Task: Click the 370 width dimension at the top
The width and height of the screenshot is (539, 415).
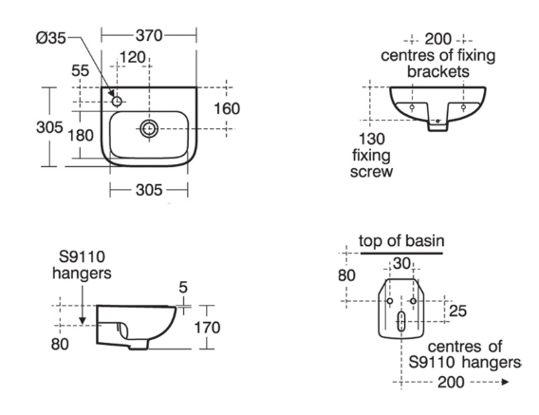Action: [148, 35]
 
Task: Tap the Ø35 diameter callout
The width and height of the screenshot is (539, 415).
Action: [50, 37]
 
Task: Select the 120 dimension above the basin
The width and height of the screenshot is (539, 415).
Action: [133, 57]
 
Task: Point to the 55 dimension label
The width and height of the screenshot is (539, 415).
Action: [80, 71]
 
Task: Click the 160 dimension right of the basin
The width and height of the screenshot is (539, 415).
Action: [227, 109]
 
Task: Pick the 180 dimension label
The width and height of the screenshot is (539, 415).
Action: [81, 135]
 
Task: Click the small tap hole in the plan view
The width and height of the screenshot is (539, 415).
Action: [118, 102]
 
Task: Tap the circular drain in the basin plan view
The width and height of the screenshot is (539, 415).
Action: [149, 129]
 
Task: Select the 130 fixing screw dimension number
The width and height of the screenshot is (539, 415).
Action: [372, 139]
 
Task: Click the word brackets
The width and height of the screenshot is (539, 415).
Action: [438, 71]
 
